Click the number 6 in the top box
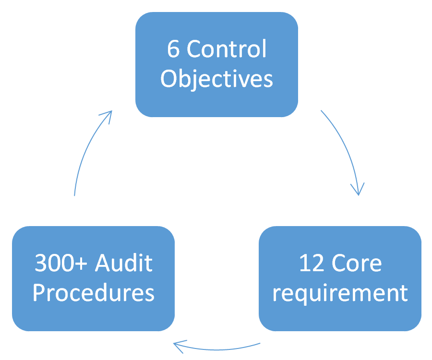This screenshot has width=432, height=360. [174, 49]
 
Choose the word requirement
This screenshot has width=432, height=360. [340, 293]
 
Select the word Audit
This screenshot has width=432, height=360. [124, 263]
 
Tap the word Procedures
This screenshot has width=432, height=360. [93, 293]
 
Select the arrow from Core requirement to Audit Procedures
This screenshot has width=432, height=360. [216, 347]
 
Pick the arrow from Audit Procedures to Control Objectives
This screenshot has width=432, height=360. [86, 149]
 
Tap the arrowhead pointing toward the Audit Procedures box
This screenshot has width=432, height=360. [179, 345]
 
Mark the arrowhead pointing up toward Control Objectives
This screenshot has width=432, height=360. [108, 115]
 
